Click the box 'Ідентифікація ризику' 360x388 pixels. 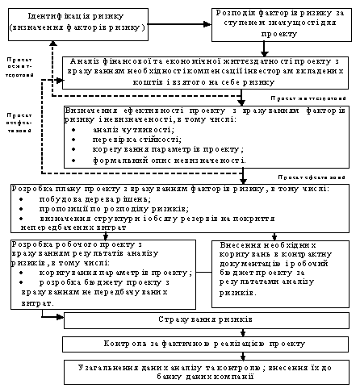tap(76, 22)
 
